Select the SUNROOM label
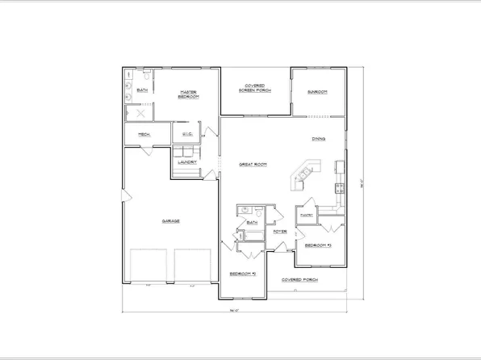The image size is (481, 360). click(317, 92)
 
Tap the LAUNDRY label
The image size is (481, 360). click(188, 162)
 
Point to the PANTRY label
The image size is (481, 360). click(306, 216)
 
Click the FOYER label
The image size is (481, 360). click(279, 232)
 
